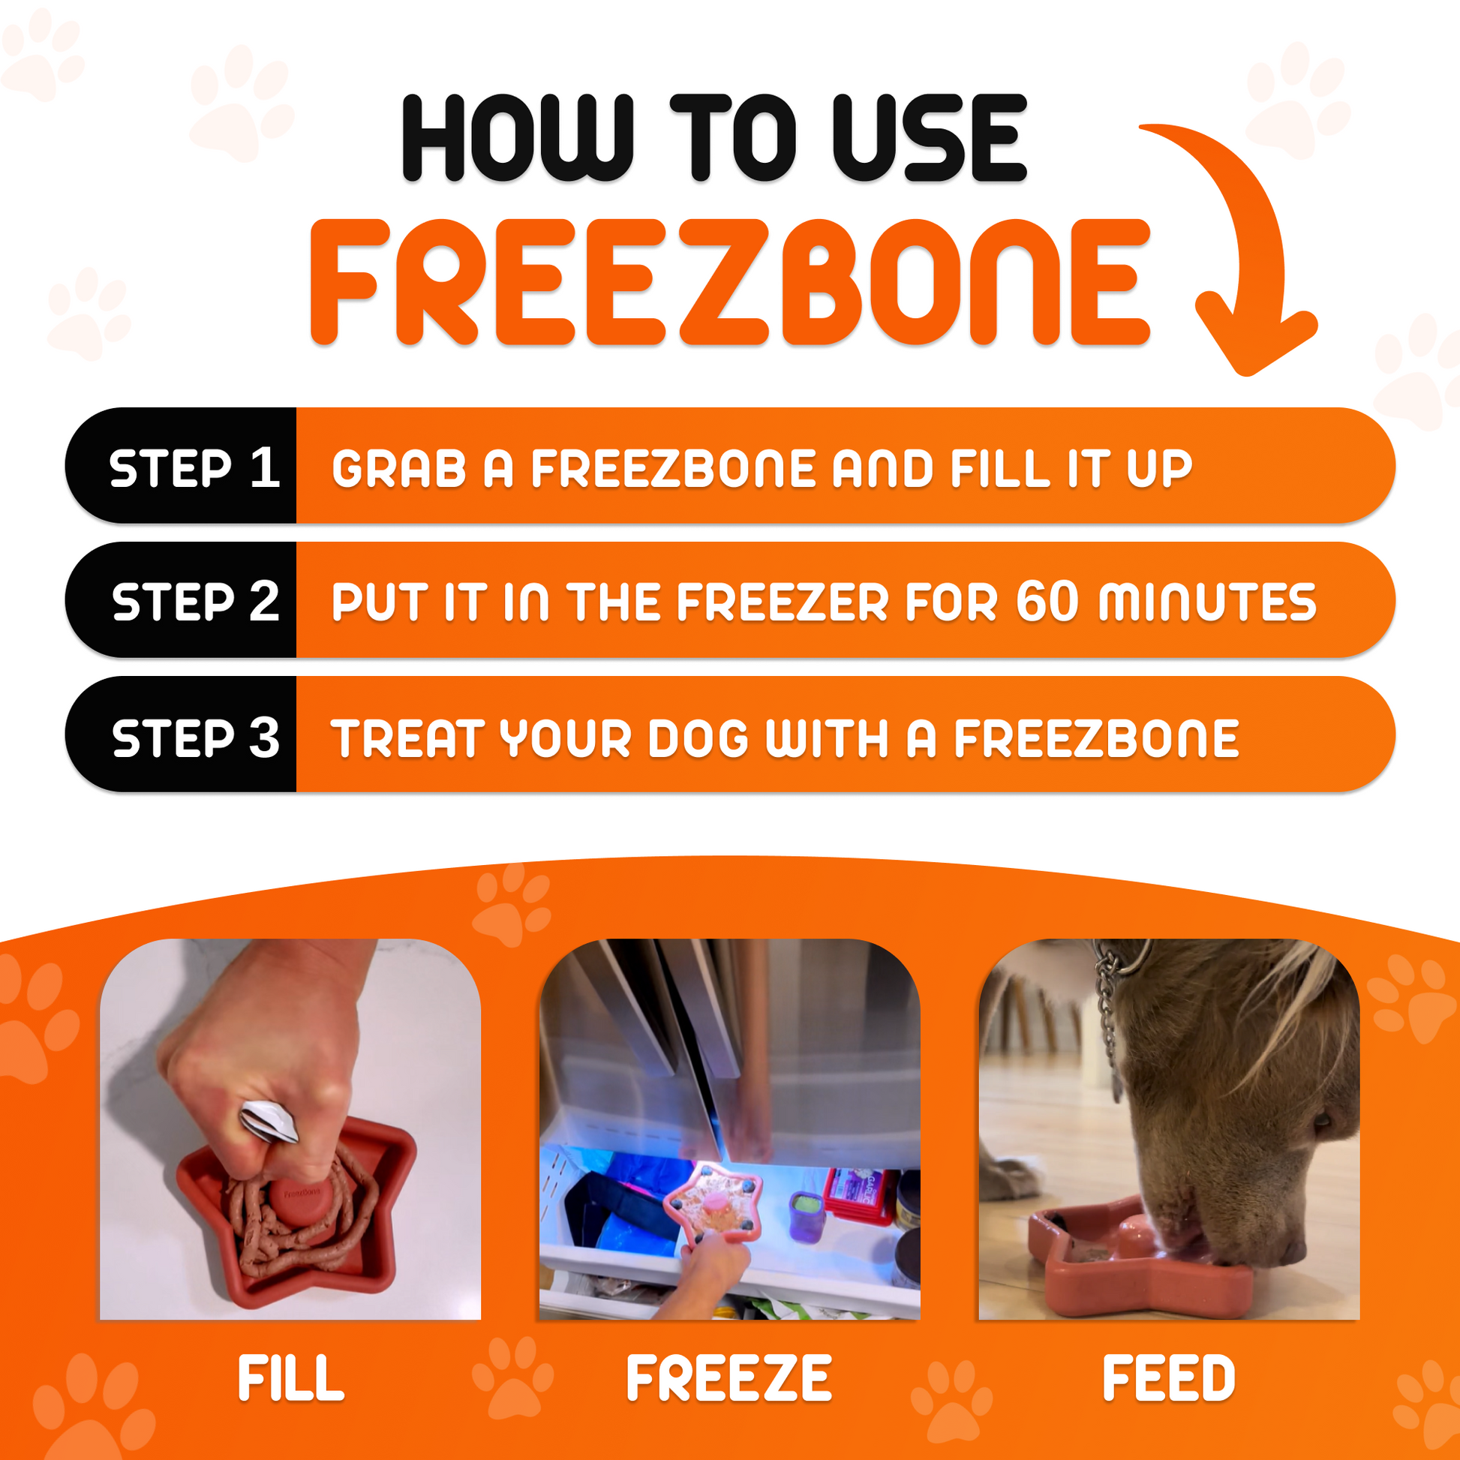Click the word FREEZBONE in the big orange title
pyautogui.click(x=729, y=284)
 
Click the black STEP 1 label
pyautogui.click(x=194, y=467)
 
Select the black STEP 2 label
pyautogui.click(x=195, y=602)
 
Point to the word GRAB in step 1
pyautogui.click(x=398, y=468)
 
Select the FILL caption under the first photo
pyautogui.click(x=291, y=1378)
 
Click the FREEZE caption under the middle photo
pyautogui.click(x=729, y=1378)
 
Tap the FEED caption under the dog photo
pyautogui.click(x=1168, y=1378)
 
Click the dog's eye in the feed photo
pyautogui.click(x=1323, y=1121)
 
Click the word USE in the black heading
pyautogui.click(x=930, y=138)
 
